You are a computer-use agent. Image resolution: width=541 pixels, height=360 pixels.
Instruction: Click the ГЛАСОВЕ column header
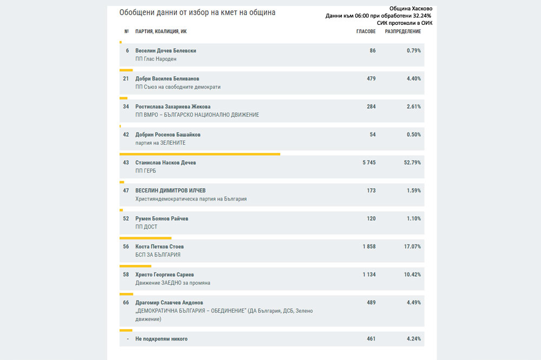coord(366,31)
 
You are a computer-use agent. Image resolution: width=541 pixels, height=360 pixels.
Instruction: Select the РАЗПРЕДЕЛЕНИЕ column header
coord(403,31)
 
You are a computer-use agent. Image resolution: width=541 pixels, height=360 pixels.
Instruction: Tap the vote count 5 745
coord(369,162)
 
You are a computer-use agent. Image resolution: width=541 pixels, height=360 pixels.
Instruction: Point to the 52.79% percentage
coord(412,162)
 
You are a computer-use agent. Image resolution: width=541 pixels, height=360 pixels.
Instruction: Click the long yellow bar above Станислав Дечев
coord(200,154)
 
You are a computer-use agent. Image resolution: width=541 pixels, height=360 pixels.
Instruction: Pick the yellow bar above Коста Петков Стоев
coord(145,238)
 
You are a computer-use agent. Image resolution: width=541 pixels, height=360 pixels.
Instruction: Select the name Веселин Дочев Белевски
coord(166,51)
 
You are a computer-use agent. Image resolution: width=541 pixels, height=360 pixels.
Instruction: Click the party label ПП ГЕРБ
coord(146,171)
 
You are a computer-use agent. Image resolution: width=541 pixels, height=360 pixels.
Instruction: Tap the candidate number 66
coord(126,302)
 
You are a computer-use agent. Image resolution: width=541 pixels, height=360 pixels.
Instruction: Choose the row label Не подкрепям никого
coord(161,339)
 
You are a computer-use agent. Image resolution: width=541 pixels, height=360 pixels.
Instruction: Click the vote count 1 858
coord(369,246)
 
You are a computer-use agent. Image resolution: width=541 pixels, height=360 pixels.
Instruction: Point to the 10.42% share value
coord(412,275)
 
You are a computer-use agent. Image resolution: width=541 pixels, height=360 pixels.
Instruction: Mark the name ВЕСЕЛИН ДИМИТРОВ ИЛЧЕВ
coord(170,190)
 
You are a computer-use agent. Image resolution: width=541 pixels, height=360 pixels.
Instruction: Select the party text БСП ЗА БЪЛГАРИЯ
coord(157,255)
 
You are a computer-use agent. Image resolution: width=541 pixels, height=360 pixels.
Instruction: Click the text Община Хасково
coord(411,8)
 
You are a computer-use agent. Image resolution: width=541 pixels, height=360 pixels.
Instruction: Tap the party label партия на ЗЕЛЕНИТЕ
coord(161,143)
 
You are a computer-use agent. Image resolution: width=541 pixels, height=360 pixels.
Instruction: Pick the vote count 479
coord(371,78)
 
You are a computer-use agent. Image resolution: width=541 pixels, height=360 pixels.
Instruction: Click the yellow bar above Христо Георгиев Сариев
coord(135,266)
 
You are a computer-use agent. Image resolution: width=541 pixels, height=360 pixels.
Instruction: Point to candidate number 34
coord(126,106)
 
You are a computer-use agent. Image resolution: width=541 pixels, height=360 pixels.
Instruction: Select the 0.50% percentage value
coord(414,135)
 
